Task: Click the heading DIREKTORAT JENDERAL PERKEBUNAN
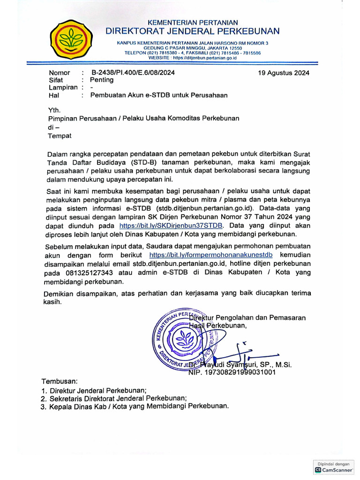pyautogui.click(x=193, y=31)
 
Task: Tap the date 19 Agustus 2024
pyautogui.click(x=284, y=73)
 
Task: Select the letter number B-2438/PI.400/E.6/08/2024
pyautogui.click(x=133, y=73)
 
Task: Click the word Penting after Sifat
pyautogui.click(x=102, y=80)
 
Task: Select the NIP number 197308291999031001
pyautogui.click(x=232, y=372)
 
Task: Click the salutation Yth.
pyautogui.click(x=55, y=110)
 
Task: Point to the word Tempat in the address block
pyautogui.click(x=60, y=136)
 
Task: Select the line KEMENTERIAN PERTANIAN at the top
pyautogui.click(x=193, y=22)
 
